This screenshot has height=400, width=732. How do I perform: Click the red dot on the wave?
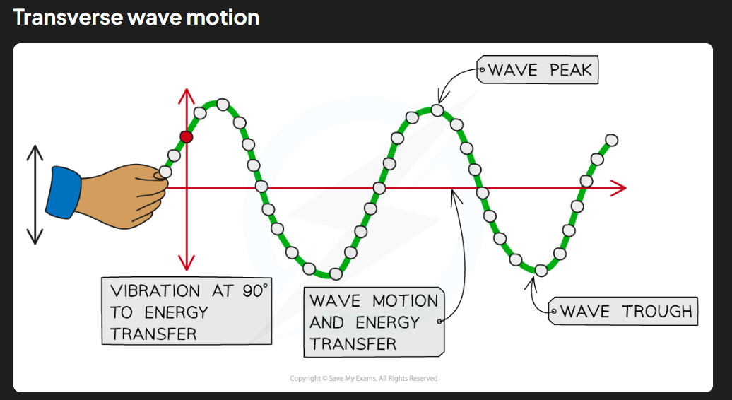coord(187,137)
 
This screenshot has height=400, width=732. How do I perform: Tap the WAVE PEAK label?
coord(537,70)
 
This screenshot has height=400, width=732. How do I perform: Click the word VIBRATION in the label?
coord(155,290)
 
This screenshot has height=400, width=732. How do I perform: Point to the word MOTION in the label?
coord(406,300)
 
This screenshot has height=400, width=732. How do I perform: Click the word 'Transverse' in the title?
coord(68,17)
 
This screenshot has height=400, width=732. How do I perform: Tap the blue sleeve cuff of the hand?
coord(64,192)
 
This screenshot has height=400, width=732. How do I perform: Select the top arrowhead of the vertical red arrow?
coord(187,95)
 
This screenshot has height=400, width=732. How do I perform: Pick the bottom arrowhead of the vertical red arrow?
coord(187,263)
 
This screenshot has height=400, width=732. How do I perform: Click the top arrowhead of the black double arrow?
coord(35,153)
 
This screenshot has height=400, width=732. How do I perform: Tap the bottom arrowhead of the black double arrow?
coord(35,237)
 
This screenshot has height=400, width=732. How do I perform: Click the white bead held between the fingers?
coord(165,172)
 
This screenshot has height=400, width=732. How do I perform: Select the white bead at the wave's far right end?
coord(612,140)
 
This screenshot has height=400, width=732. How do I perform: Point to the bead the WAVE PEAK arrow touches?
coord(437,110)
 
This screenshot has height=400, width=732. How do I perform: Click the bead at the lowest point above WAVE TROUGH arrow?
coord(541,270)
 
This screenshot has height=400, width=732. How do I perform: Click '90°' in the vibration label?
coord(255,290)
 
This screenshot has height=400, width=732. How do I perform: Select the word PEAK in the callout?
coord(570,70)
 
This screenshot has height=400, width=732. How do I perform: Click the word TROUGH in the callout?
coord(657,312)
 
